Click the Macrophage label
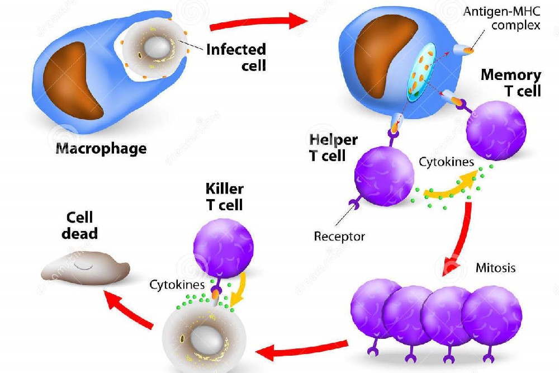101,149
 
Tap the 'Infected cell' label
235,57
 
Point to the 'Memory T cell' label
511,83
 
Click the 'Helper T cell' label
333,148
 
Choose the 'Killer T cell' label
224,196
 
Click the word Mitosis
495,267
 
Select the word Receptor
339,236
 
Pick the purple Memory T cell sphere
496,131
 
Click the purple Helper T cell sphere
384,177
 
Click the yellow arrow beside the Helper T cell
447,188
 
